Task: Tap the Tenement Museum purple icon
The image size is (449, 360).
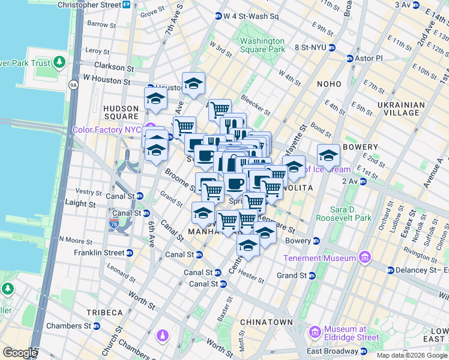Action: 363,258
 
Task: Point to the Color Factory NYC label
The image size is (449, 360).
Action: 106,130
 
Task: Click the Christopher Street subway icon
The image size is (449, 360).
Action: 127,5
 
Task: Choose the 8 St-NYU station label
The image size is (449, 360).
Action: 310,47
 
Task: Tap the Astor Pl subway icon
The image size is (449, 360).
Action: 350,59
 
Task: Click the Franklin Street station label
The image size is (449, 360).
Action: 98,253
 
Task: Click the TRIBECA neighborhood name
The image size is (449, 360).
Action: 104,313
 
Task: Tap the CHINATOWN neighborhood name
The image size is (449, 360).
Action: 266,322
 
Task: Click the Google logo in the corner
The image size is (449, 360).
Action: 20,353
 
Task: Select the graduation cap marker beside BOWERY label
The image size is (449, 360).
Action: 328,155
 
